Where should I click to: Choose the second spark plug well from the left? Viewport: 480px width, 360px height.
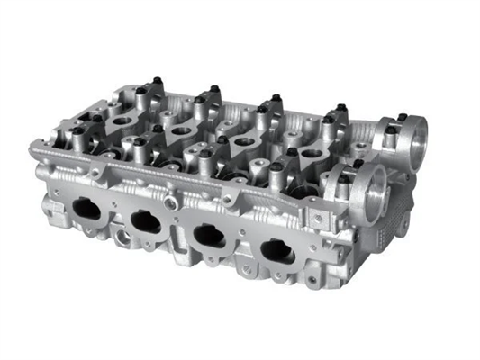pyautogui.click(x=180, y=130)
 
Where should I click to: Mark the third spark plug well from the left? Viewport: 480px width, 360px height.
pyautogui.click(x=243, y=144)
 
